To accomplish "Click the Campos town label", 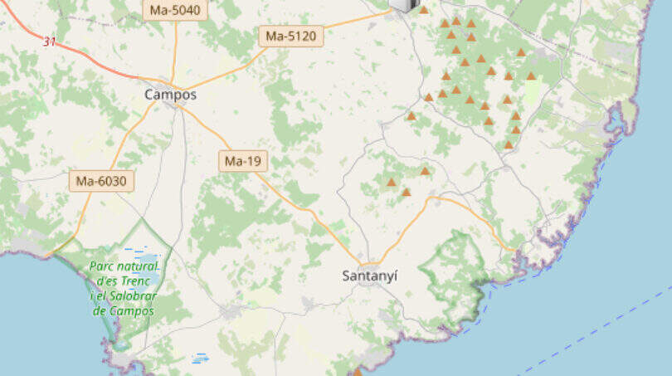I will pos(170,95).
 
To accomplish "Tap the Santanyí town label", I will pos(369,276).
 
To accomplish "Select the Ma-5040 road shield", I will pos(175,10).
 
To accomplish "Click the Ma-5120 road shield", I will pos(291,37).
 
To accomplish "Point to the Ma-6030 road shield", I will pos(101,181).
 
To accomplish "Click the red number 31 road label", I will pos(50,41).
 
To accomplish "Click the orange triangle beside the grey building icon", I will pos(423,9).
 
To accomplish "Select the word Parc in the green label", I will pos(103,266).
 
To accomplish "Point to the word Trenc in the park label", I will pos(135,281).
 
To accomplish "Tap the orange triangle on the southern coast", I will pos(358,371).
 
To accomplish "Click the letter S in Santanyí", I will pos(346,276).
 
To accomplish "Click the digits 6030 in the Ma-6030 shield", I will pos(111,181).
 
